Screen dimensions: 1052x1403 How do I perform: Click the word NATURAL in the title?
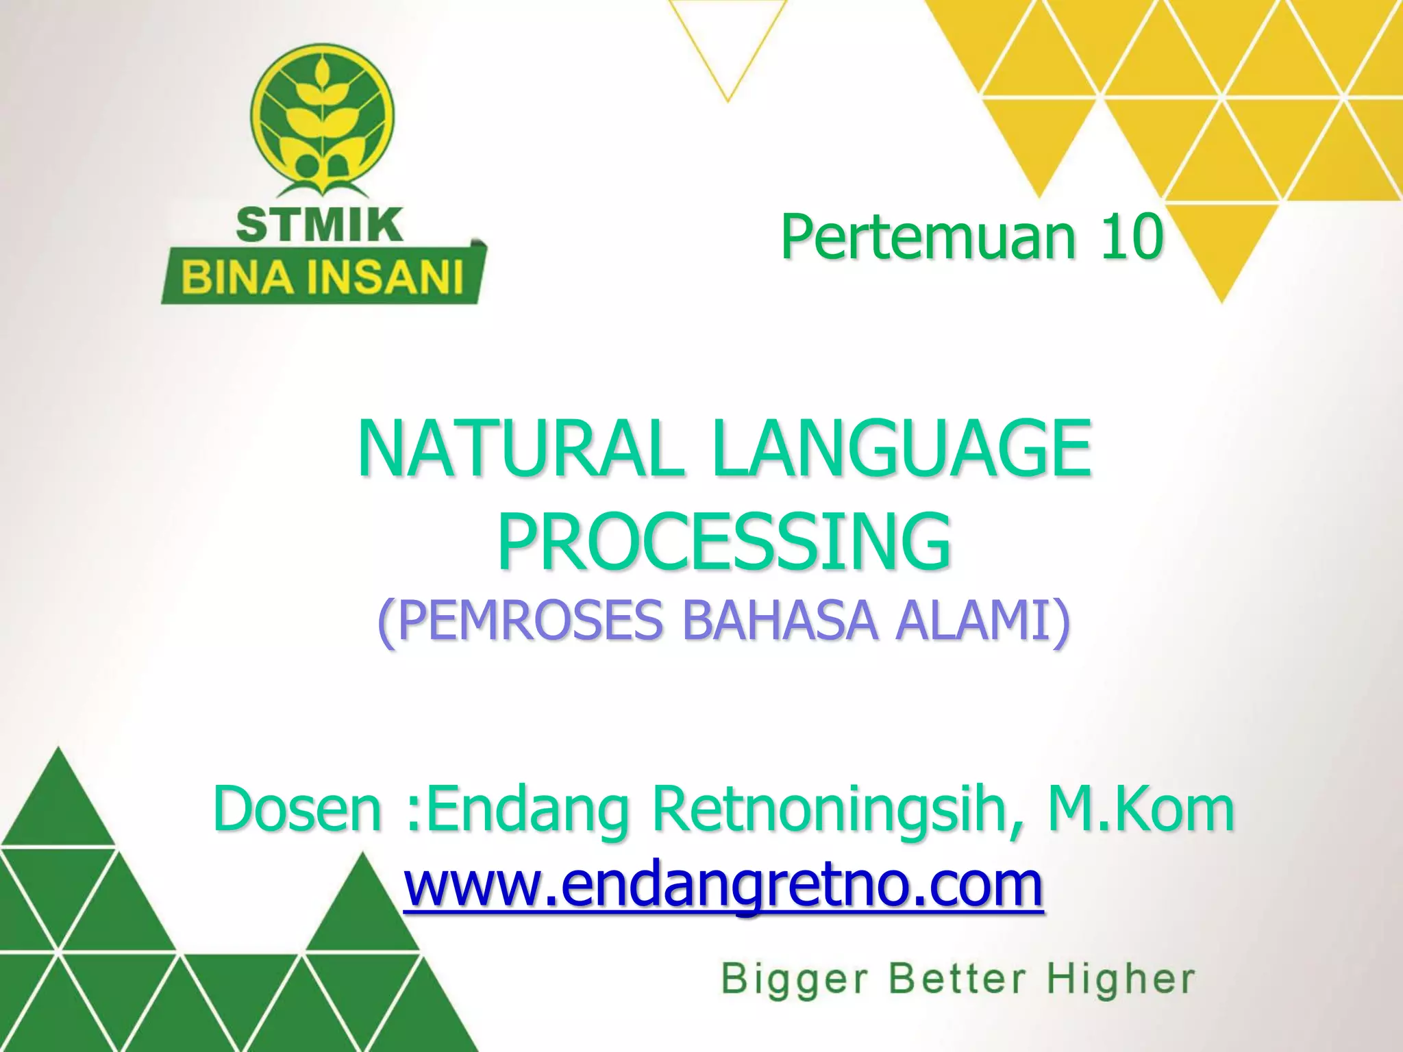(x=521, y=450)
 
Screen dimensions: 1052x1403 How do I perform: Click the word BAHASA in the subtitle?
(x=780, y=621)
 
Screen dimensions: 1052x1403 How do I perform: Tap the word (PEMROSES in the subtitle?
(x=521, y=621)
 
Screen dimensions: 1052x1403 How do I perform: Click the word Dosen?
(x=297, y=810)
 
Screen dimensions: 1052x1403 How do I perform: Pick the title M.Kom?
(x=1141, y=810)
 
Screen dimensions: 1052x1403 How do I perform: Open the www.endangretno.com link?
(x=723, y=885)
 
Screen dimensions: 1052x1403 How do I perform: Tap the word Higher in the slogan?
(x=1121, y=978)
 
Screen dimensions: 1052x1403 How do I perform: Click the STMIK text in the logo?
(x=319, y=225)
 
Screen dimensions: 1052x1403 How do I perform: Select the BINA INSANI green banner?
(x=322, y=278)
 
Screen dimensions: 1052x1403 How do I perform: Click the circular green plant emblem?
(x=322, y=116)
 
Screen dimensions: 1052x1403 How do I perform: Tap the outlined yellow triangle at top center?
(x=728, y=41)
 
